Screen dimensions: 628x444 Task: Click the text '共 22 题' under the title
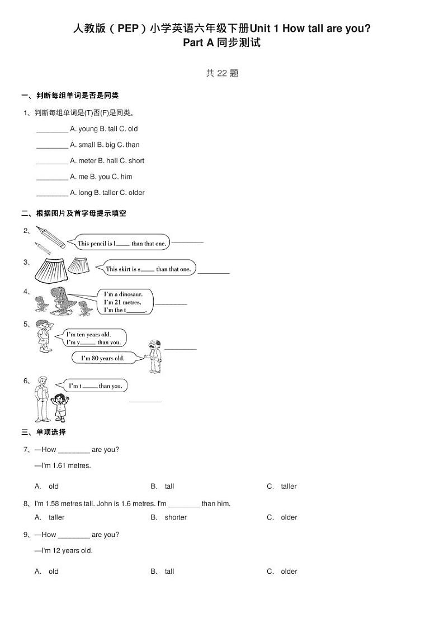pyautogui.click(x=222, y=73)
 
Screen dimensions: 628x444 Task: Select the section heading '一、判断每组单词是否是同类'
pyautogui.click(x=69, y=96)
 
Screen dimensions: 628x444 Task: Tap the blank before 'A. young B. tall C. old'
pyautogui.click(x=52, y=130)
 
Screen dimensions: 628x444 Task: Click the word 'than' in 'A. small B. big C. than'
pyautogui.click(x=133, y=145)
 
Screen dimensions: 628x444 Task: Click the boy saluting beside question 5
pyautogui.click(x=44, y=337)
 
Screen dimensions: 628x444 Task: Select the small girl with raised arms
pyautogui.click(x=59, y=407)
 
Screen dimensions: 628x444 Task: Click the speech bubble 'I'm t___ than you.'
pyautogui.click(x=95, y=386)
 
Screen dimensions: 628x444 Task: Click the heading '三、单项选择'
pyautogui.click(x=44, y=432)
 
